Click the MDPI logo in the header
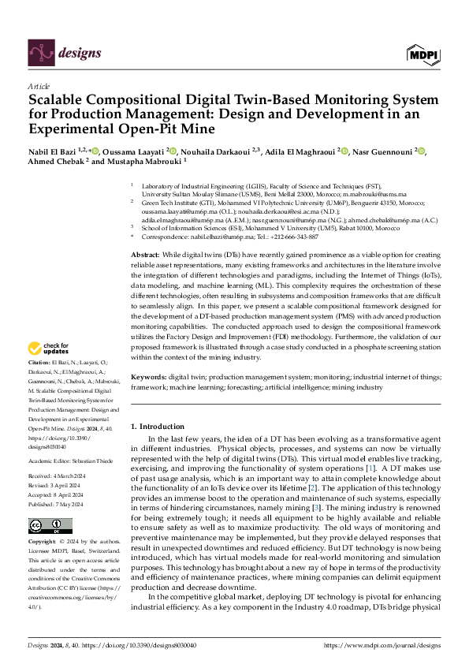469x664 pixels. coord(423,54)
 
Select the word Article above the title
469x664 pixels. coord(39,86)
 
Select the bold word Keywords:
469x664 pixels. coord(149,378)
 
